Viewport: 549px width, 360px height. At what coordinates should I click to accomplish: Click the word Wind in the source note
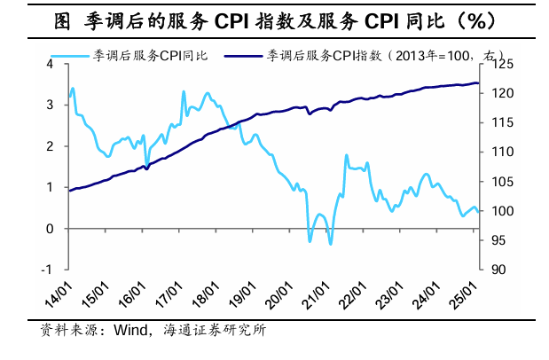(x=129, y=331)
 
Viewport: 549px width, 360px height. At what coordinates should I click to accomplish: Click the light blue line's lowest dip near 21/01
(x=331, y=244)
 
